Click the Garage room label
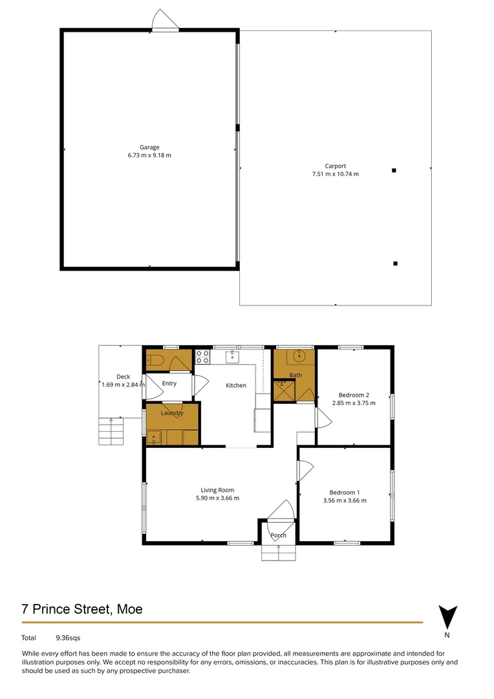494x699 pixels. pos(149,147)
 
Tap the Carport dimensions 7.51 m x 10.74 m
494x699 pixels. pos(335,174)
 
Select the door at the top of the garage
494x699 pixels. pos(166,20)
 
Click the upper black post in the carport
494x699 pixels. pos(394,170)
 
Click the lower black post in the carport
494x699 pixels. pos(395,263)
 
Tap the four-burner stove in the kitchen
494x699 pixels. pos(202,355)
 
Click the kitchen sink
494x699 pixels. pos(232,357)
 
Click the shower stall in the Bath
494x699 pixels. pos(283,390)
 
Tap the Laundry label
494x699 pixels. pos(172,413)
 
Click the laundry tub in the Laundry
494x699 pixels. pos(154,438)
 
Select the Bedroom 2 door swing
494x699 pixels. pos(323,418)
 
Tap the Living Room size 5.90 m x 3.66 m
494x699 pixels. pos(217,498)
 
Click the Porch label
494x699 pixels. pos(278,535)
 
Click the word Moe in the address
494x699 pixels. pos(129,609)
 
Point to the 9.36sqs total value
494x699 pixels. pos(68,638)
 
